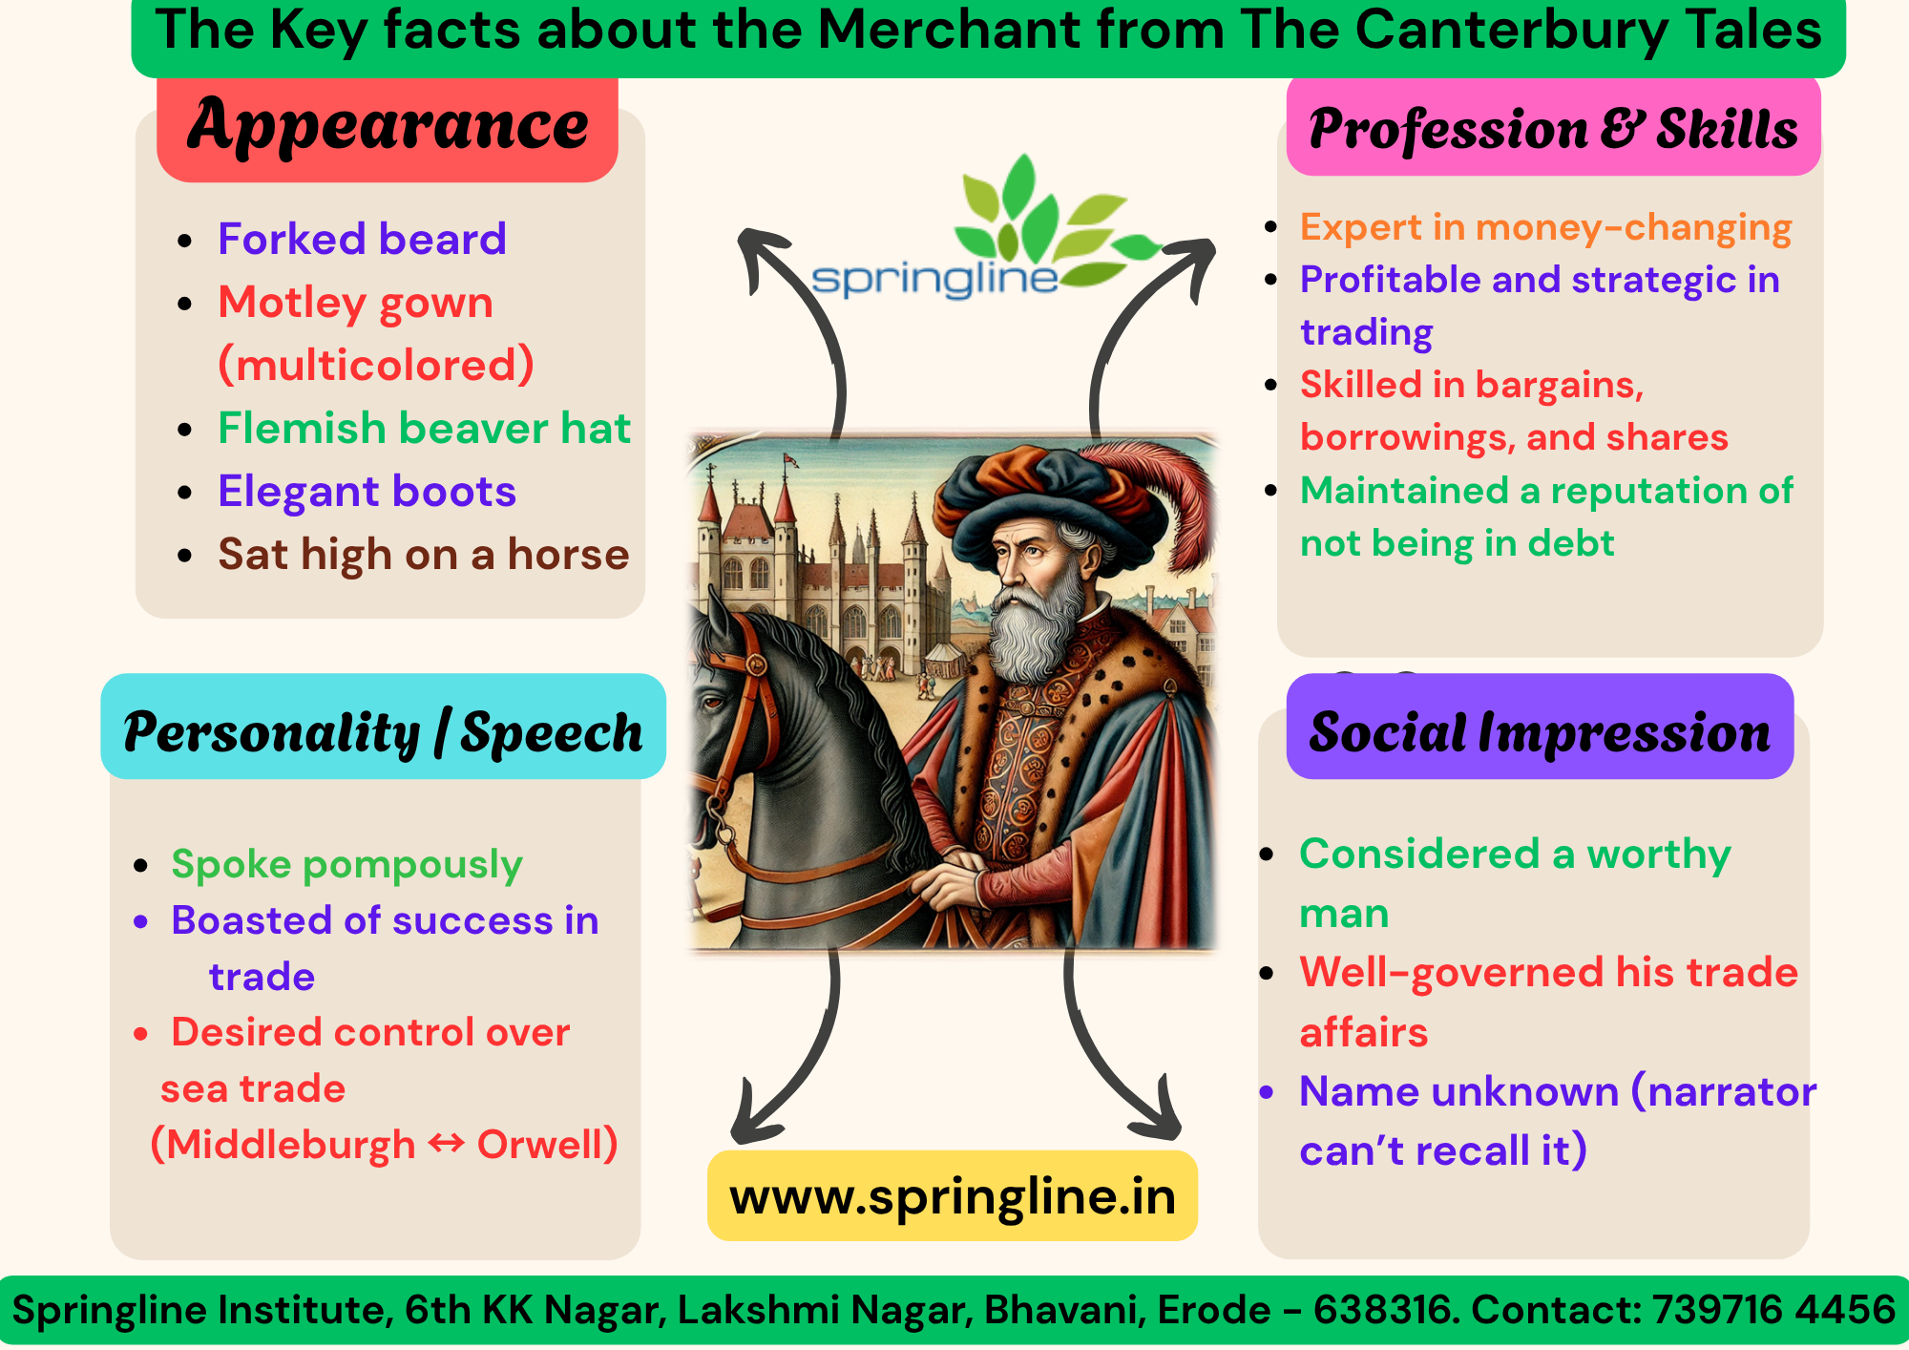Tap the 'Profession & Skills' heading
point(1553,127)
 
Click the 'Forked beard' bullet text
point(362,239)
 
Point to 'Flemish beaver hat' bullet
point(424,428)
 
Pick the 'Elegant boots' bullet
point(367,492)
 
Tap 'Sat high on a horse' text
point(424,555)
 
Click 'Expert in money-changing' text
point(1545,228)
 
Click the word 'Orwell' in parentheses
point(539,1145)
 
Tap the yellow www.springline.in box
point(953,1196)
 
